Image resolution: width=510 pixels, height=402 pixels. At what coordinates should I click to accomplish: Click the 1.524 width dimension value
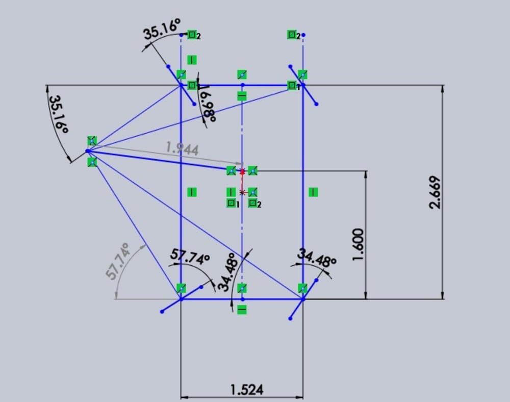247,390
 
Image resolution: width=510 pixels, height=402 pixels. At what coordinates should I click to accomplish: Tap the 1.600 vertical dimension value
358,244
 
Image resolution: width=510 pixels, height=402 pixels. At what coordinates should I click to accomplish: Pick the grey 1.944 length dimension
182,148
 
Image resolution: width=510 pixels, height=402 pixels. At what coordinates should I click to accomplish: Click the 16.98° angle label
207,104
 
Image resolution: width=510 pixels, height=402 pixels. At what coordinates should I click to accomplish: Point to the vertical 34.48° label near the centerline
227,272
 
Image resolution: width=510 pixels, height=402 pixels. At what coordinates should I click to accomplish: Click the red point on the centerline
242,172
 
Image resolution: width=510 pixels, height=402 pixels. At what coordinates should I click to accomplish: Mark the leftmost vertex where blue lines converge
88,151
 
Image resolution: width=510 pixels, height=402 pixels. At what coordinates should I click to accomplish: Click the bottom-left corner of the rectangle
181,299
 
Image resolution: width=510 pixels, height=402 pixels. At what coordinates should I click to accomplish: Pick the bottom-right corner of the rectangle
303,299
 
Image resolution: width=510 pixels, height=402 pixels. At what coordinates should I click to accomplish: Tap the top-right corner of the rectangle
303,85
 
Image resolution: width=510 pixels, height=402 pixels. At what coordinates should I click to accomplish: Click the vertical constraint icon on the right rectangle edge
314,192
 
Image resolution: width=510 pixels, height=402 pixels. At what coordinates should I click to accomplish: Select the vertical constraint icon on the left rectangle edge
192,192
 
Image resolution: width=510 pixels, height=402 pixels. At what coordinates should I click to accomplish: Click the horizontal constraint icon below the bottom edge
242,309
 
